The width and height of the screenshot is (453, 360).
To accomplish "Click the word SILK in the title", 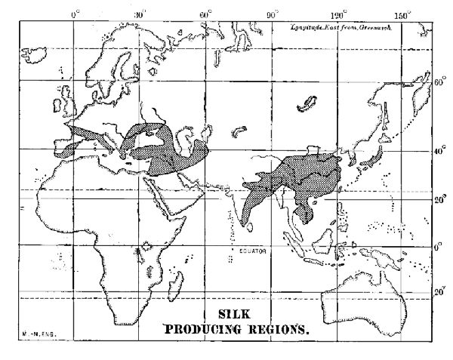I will (232, 315).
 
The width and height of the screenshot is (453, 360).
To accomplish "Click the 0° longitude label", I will (74, 14).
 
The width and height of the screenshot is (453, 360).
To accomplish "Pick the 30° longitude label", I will (140, 14).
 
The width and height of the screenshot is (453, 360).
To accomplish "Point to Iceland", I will (35, 55).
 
